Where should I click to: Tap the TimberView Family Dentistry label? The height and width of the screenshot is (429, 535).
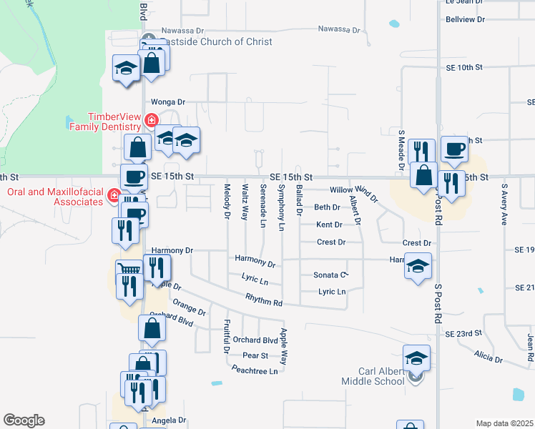pyautogui.click(x=114, y=122)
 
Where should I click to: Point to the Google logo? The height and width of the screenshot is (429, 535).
pyautogui.click(x=24, y=420)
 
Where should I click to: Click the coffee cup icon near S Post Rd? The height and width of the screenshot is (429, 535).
pyautogui.click(x=454, y=149)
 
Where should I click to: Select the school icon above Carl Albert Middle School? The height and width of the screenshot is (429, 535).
pyautogui.click(x=416, y=357)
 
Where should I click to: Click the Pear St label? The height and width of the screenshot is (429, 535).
pyautogui.click(x=255, y=355)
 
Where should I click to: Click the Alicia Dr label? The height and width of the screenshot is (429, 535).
pyautogui.click(x=489, y=356)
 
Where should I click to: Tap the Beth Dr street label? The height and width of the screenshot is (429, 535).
pyautogui.click(x=328, y=207)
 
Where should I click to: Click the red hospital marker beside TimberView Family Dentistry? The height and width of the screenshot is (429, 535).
pyautogui.click(x=151, y=120)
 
